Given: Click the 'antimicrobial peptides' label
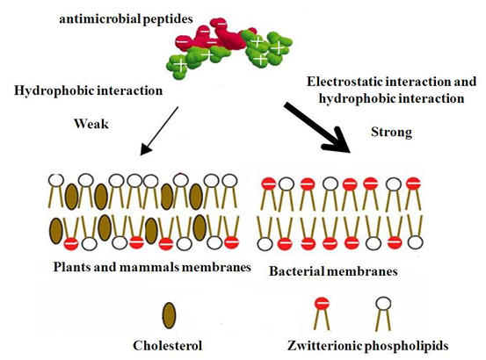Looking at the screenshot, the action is tap(126, 19).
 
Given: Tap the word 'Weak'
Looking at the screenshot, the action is tap(91, 124).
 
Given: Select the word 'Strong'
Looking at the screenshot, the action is tap(391, 133).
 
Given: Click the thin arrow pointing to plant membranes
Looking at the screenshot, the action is tap(159, 131).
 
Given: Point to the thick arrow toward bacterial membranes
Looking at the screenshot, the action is tap(317, 127).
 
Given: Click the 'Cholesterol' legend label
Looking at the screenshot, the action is tap(167, 345).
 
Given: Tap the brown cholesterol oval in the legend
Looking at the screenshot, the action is tap(170, 315).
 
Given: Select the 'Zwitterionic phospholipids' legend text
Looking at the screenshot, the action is tap(368, 345).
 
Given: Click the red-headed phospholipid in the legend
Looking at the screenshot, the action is tap(322, 313).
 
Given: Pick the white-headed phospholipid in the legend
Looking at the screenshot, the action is tap(383, 313).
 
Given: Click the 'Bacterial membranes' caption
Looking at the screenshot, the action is tap(333, 271).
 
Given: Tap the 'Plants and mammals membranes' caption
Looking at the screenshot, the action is tap(152, 267).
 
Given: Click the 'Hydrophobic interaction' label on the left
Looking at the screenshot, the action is tap(89, 90).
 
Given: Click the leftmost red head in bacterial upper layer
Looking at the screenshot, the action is tap(270, 184).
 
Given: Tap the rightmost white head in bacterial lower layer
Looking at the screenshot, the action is tap(416, 242).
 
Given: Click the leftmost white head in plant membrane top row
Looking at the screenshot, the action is tap(56, 180).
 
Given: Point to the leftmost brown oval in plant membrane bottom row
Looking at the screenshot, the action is tap(55, 231).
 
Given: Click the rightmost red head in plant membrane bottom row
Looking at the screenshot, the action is tap(231, 242).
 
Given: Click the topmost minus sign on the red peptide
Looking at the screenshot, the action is tap(221, 23).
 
